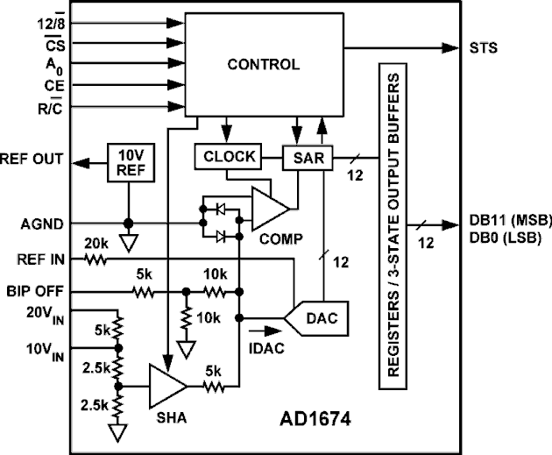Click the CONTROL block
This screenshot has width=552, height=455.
click(262, 64)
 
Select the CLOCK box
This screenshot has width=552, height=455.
click(228, 157)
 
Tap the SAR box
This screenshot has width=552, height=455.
click(302, 158)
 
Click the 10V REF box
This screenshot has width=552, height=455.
click(128, 163)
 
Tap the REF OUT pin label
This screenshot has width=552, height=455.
click(32, 161)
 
